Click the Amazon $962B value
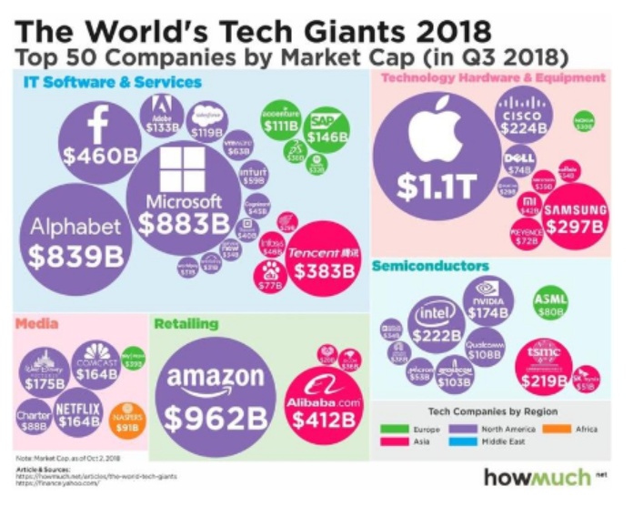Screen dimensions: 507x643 tap(216, 420)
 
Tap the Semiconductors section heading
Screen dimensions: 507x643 tap(430, 266)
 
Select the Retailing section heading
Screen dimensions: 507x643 tap(186, 323)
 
